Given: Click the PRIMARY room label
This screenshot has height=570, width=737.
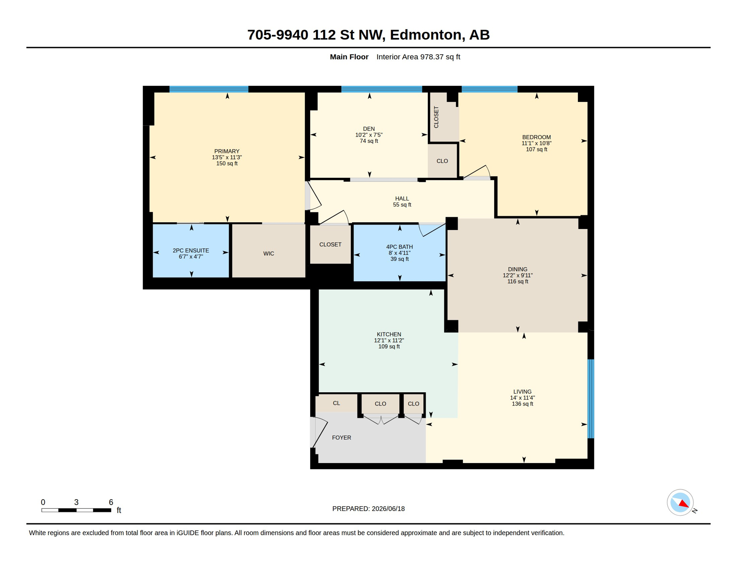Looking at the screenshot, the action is click(227, 151).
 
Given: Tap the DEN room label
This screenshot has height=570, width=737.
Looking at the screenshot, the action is click(368, 129).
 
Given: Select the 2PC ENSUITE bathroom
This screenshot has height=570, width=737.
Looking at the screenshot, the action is click(191, 250).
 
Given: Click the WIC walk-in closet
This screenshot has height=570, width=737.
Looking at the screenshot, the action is click(268, 250).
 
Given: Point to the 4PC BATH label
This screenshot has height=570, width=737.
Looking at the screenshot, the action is click(399, 247).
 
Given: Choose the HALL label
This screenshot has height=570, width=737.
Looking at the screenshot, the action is click(402, 199).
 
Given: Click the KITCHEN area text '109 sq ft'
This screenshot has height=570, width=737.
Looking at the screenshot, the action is click(389, 347).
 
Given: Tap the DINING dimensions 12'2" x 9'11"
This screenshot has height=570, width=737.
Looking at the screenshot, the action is click(518, 275).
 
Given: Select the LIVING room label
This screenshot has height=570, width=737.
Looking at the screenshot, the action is click(522, 392).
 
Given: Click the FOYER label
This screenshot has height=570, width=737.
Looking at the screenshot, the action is click(341, 438).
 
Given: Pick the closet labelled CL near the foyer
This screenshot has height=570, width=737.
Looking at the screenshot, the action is click(336, 403).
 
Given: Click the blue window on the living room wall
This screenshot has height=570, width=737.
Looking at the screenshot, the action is click(591, 399).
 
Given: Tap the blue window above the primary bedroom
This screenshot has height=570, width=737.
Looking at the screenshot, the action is click(209, 89).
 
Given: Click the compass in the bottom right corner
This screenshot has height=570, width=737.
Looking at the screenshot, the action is click(680, 502).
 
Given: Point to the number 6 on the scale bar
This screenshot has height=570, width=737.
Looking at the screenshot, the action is click(111, 502).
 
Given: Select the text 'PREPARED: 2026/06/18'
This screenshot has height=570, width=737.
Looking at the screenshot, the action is click(368, 509).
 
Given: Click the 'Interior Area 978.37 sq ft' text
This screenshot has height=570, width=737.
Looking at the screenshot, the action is click(418, 57).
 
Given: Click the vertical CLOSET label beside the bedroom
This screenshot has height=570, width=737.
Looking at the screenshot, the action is click(436, 117).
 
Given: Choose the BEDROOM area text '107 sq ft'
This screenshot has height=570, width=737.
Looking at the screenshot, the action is click(536, 150).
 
